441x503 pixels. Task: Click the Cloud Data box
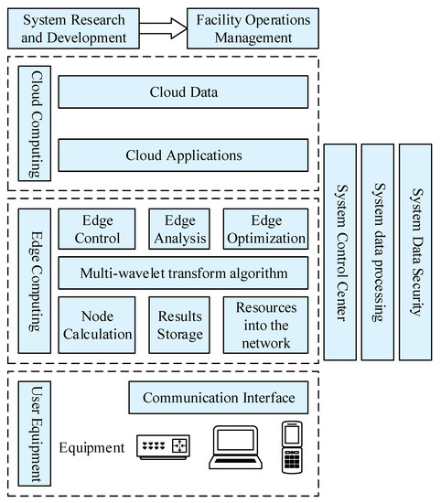pos(183,92)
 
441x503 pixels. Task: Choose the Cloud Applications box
pos(183,155)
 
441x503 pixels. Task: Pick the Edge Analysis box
pos(181,230)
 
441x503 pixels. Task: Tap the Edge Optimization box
pos(265,230)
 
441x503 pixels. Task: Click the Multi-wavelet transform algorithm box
pos(183,273)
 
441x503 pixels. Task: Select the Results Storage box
pos(181,324)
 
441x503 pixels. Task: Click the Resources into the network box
pos(265,324)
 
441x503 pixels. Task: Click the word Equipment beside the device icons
pos(91,448)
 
